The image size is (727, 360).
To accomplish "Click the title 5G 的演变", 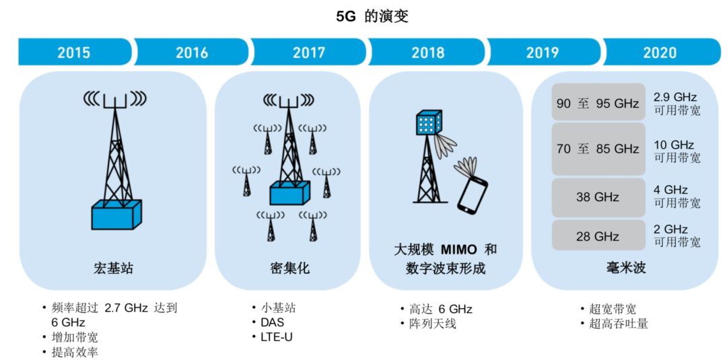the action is (372, 17).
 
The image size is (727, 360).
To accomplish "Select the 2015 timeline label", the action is (74, 52).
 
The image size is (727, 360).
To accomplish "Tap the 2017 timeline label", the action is (309, 52).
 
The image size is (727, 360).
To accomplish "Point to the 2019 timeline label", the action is (543, 52).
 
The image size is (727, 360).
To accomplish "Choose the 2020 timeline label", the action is (660, 52).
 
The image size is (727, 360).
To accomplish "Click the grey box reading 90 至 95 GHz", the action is (598, 102).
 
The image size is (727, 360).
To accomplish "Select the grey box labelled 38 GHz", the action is (598, 197).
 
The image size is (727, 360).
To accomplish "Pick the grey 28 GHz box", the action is (598, 236).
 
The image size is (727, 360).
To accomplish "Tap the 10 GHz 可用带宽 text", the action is (677, 151).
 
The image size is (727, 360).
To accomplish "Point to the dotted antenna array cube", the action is (427, 122).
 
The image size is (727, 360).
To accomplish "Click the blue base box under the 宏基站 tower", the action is (116, 215).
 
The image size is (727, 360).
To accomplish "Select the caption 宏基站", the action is (113, 268).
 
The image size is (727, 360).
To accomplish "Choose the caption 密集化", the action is (289, 268).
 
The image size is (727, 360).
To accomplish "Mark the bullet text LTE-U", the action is (277, 337).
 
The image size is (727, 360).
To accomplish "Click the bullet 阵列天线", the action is (433, 324).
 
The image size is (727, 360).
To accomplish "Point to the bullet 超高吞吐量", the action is (619, 324).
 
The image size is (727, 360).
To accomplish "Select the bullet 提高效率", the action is (75, 352).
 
